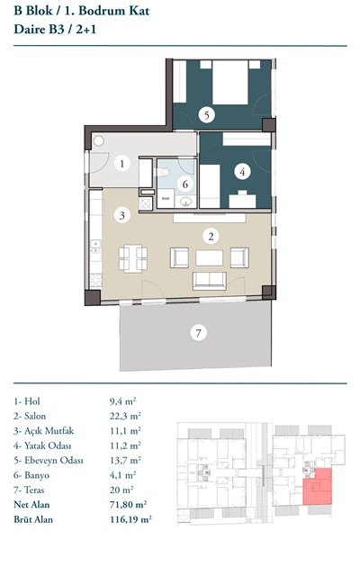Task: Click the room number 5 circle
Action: coord(206,115)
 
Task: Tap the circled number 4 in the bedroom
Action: coord(242,172)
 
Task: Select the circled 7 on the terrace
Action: coord(198,333)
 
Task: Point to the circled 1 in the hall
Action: coord(122,164)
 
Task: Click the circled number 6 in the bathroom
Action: coord(185,184)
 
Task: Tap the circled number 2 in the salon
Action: coord(211,236)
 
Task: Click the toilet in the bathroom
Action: coord(162,172)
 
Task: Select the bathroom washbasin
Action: coord(185,202)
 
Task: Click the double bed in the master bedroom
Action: coord(230,82)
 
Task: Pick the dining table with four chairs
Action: coord(133,258)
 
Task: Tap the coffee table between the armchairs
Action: coord(209,257)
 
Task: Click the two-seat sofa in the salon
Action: coord(210,281)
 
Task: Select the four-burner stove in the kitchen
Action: coord(96,280)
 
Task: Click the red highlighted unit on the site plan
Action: coord(318,486)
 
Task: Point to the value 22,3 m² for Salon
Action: coord(125,416)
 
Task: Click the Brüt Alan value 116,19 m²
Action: coord(130,519)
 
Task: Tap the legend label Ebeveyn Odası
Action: coord(54,460)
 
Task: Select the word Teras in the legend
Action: coord(34,490)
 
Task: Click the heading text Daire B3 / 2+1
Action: coord(55,29)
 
